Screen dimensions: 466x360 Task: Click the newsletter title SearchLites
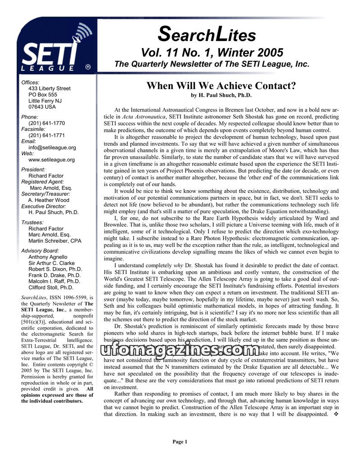[x=207, y=33]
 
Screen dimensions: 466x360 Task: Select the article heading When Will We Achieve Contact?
[x=220, y=86]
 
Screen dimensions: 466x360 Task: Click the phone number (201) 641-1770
[x=46, y=123]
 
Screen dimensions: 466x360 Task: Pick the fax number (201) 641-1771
[x=46, y=135]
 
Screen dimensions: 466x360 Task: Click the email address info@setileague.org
[x=52, y=147]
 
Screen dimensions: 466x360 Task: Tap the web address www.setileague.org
[x=51, y=159]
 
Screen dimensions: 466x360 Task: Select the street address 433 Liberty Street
[x=49, y=89]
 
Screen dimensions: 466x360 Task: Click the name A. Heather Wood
[x=49, y=200]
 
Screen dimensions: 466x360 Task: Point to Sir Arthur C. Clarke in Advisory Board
[x=52, y=263]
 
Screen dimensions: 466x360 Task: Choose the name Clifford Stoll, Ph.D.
[x=51, y=287]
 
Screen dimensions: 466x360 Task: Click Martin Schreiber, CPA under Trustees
[x=55, y=241]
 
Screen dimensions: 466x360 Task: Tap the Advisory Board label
[x=40, y=251]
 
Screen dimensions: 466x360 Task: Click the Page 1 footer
[x=180, y=442]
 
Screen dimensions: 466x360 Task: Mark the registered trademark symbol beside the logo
[x=88, y=67]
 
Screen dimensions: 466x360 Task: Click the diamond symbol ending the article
[x=335, y=414]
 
